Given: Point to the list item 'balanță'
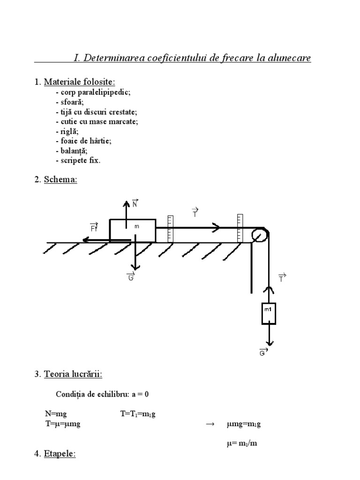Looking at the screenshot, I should (x=72, y=151).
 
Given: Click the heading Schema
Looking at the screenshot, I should (x=60, y=180).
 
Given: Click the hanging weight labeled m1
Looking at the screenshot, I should (x=269, y=314).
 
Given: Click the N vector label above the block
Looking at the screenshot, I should (x=135, y=203).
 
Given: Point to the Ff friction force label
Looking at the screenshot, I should (x=94, y=228).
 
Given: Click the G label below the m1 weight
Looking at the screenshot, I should (x=263, y=352).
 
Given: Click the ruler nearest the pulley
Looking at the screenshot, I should (x=240, y=228).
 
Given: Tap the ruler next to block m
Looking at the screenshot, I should (x=170, y=229).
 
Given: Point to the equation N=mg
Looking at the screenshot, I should (x=54, y=414).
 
